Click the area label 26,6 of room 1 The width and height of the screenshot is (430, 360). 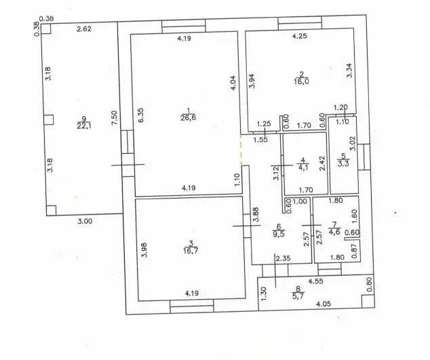pyautogui.click(x=188, y=118)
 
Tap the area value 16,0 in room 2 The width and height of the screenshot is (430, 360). pyautogui.click(x=301, y=81)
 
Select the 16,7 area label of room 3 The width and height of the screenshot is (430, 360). pyautogui.click(x=191, y=251)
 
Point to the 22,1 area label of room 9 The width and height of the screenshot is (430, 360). pyautogui.click(x=84, y=126)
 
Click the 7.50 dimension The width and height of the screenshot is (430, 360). pyautogui.click(x=115, y=118)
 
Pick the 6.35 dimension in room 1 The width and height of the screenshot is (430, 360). pyautogui.click(x=140, y=115)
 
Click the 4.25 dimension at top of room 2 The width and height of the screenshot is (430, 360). pyautogui.click(x=300, y=36)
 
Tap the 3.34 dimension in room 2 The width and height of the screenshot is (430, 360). pyautogui.click(x=349, y=71)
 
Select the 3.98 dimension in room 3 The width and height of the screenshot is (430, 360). pyautogui.click(x=144, y=250)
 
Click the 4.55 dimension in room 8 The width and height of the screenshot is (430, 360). pyautogui.click(x=315, y=281)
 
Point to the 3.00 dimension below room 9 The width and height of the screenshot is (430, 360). pyautogui.click(x=85, y=221)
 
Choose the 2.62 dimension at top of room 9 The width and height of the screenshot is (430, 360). pyautogui.click(x=84, y=28)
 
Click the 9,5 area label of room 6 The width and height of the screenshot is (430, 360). pyautogui.click(x=279, y=234)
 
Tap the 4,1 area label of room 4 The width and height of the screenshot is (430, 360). pyautogui.click(x=302, y=167)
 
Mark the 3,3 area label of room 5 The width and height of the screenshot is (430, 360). pyautogui.click(x=343, y=163)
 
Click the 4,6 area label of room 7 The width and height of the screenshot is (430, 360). pyautogui.click(x=334, y=232)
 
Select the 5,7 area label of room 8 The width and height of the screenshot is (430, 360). pyautogui.click(x=298, y=296)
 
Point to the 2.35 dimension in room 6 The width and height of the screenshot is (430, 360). pyautogui.click(x=283, y=258)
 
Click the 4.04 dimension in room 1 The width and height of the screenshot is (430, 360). pyautogui.click(x=233, y=83)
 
